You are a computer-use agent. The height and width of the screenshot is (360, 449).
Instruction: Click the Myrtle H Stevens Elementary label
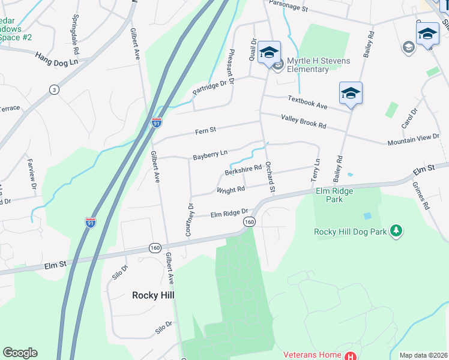pos(307,65)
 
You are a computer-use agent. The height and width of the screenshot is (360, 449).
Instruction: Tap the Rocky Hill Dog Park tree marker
pos(396,231)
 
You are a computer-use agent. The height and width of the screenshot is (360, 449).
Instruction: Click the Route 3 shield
pos(55,89)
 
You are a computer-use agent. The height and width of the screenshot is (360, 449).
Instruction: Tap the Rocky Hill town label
pos(153,295)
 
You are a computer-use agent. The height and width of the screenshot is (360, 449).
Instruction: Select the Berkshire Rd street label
pos(243,171)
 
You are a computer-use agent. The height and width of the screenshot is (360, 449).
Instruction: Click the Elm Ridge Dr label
pos(229,213)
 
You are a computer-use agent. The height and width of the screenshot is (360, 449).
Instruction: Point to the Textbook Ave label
pos(307,101)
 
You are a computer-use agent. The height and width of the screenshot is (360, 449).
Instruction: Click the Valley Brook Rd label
pos(303,122)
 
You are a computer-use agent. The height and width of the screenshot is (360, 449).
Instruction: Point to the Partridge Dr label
pos(212,87)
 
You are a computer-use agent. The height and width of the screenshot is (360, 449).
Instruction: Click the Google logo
pos(20,353)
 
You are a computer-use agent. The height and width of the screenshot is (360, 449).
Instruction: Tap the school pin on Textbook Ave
pos(351,93)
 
